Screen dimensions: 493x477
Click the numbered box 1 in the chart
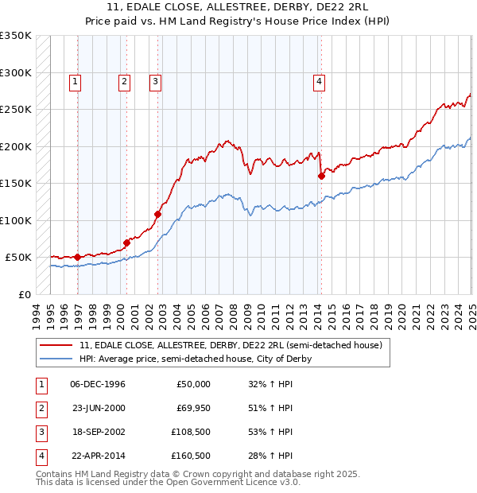click(x=75, y=80)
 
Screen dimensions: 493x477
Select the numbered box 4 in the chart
click(x=319, y=80)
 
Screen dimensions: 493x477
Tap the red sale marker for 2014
click(x=322, y=177)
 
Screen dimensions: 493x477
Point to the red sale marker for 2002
click(x=157, y=215)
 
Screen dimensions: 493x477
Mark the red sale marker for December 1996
click(x=77, y=257)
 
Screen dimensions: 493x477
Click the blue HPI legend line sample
click(x=56, y=359)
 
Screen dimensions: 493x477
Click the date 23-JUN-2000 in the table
click(x=98, y=409)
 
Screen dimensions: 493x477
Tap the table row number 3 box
click(x=40, y=433)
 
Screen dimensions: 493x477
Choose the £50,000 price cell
click(x=193, y=385)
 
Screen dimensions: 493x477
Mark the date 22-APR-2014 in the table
click(x=98, y=456)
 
